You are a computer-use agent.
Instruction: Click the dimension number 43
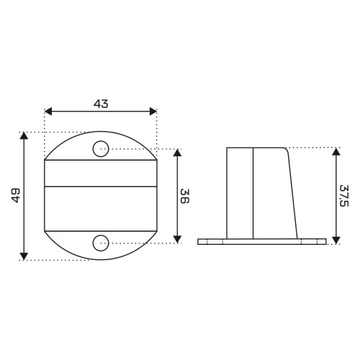pos(101,104)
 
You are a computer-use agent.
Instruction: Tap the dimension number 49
pos(16,195)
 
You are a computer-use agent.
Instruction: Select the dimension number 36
pos(185,196)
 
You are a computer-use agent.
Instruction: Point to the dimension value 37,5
pos(344,196)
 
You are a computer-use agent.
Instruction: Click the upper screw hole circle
pos(101,149)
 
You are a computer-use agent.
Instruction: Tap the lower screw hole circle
pos(101,243)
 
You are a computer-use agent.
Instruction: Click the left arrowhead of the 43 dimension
pos(48,112)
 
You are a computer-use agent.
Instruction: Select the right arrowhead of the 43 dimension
pos(153,112)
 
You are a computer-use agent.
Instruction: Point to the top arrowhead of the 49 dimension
pos(24,135)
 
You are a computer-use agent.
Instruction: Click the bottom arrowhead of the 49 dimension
pos(24,256)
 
